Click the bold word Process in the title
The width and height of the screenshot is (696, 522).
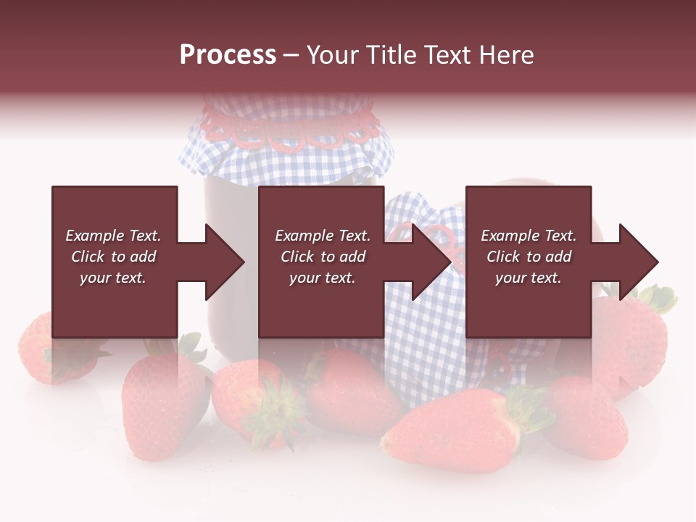coord(228,55)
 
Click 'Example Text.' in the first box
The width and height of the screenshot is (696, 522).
coord(113,236)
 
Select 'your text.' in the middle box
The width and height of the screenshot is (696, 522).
coord(322,278)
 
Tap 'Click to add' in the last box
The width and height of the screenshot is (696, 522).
coord(529,257)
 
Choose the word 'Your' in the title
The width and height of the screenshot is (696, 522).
coord(333,55)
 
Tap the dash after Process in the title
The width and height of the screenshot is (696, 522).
coord(291,55)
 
